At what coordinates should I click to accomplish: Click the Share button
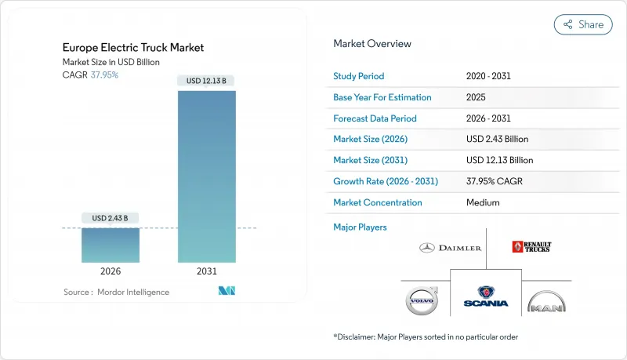point(583,24)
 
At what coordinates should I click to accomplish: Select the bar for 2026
point(111,245)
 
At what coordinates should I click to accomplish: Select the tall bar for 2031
point(207,176)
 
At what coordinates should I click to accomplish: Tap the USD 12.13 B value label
point(207,81)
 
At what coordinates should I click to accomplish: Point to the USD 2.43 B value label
point(111,217)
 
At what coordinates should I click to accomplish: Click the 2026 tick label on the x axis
point(111,272)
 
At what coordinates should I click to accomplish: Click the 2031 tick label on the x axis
point(207,272)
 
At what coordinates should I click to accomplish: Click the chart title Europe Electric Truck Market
point(133,48)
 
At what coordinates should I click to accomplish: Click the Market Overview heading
point(372,43)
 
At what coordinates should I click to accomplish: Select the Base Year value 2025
point(477,97)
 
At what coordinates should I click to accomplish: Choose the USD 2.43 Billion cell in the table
point(497,139)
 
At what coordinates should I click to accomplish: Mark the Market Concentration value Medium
point(483,202)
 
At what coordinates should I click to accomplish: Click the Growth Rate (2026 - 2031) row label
point(386,181)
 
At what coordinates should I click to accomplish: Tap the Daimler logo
point(450,248)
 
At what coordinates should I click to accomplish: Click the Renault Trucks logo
point(531,247)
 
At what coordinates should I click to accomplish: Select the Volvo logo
point(422,301)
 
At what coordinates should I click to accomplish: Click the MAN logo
point(545,302)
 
